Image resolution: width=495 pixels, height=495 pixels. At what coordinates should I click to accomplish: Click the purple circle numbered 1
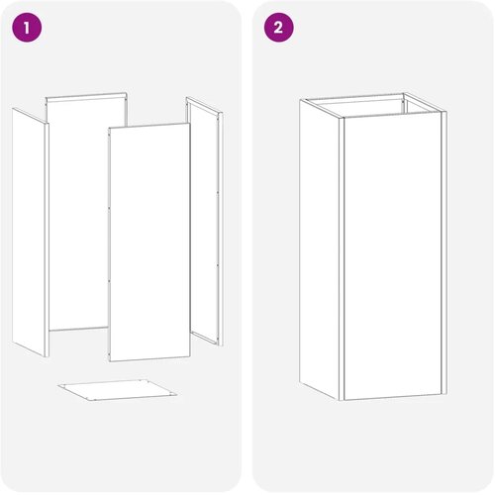[27, 28]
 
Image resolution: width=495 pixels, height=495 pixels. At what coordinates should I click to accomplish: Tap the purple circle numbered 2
[279, 28]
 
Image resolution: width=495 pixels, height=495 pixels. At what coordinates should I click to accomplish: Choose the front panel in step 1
[149, 243]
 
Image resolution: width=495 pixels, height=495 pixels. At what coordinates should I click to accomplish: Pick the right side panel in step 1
[205, 221]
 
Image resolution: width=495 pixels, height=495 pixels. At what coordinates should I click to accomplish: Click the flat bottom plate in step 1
[118, 390]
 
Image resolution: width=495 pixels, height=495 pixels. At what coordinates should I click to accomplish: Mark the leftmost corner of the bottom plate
[57, 385]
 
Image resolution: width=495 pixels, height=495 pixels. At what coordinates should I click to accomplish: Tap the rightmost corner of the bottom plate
[177, 394]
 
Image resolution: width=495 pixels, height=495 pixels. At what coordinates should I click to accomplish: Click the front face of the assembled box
[393, 257]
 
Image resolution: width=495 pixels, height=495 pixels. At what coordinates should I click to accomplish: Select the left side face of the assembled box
[320, 249]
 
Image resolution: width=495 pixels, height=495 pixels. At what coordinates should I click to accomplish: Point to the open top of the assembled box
[373, 106]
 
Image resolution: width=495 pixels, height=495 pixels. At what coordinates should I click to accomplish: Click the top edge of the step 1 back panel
[86, 95]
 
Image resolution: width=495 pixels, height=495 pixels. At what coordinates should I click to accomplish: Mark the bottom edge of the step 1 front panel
[150, 359]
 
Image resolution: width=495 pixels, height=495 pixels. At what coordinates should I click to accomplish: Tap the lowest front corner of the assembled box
[342, 400]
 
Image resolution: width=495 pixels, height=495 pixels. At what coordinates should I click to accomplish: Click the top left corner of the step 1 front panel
[109, 128]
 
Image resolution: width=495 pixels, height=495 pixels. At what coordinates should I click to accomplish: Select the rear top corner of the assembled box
[404, 93]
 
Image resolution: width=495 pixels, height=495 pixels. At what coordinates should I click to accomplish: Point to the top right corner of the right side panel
[223, 113]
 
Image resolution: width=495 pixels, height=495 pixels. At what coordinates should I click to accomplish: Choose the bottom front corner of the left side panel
[47, 356]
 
